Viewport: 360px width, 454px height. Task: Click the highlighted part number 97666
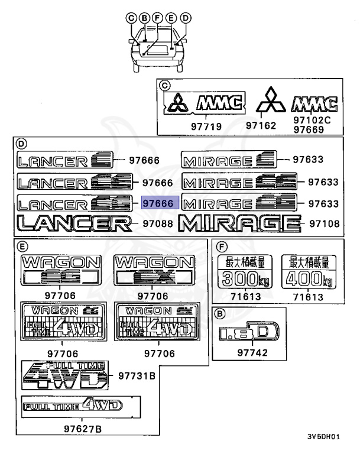tap(158, 203)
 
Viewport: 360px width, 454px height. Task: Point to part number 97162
tap(261, 126)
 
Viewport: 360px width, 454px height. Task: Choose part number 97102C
tap(310, 119)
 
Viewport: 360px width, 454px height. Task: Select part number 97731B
tap(137, 375)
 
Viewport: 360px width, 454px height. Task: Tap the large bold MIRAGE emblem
tap(238, 223)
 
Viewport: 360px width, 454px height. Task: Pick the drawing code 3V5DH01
tap(323, 437)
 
